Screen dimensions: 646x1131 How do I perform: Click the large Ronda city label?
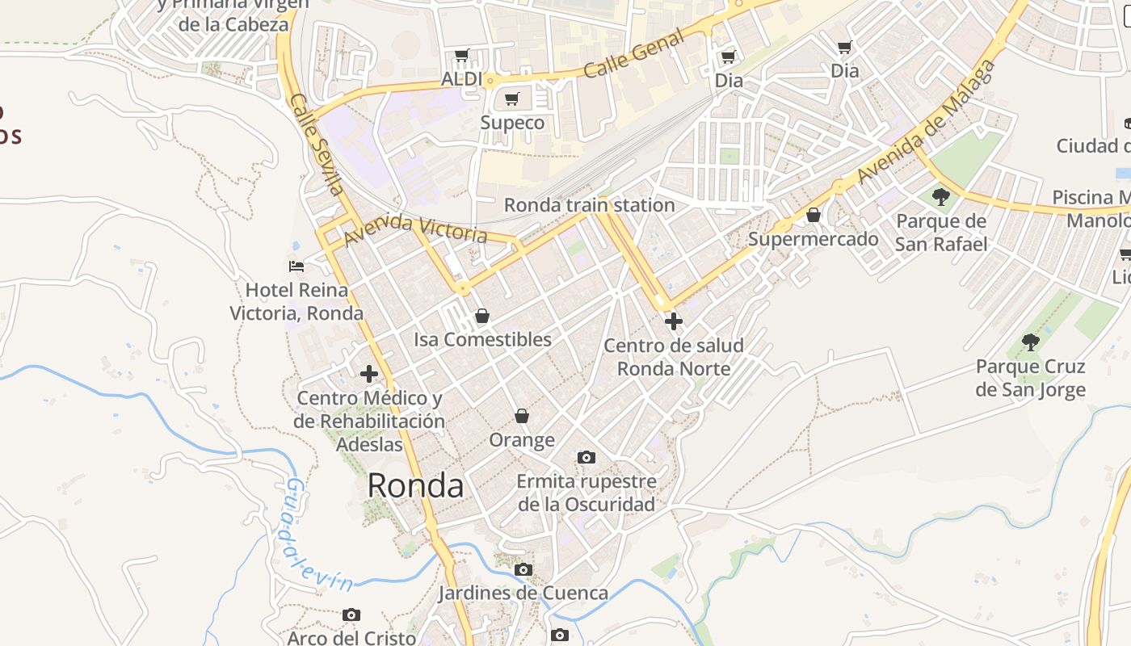coord(415,485)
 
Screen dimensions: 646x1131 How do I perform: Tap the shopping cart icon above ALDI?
coord(461,56)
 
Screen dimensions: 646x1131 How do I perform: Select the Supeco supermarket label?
coord(512,123)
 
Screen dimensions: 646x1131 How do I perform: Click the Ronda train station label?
coord(589,205)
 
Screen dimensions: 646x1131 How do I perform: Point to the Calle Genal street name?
coord(634,54)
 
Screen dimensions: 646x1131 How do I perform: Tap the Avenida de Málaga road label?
coord(927,121)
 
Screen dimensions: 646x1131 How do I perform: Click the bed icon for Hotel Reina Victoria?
coord(296,266)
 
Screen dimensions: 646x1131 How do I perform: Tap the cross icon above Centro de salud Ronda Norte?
coord(673,321)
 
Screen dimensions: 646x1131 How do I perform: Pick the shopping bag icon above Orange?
coord(522,416)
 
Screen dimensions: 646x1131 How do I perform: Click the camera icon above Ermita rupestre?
coord(587,458)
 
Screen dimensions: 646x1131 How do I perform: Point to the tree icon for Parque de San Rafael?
coord(940,196)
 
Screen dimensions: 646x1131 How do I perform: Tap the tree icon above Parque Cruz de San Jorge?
coord(1030,342)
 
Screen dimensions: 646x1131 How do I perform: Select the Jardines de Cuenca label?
coord(523,593)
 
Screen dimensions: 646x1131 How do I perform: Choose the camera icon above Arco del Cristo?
coord(351,615)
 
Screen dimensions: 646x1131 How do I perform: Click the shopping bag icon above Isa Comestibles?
coord(482,316)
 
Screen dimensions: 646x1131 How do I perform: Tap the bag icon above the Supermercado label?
coord(814,215)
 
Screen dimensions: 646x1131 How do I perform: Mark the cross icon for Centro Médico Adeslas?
coord(369,374)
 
